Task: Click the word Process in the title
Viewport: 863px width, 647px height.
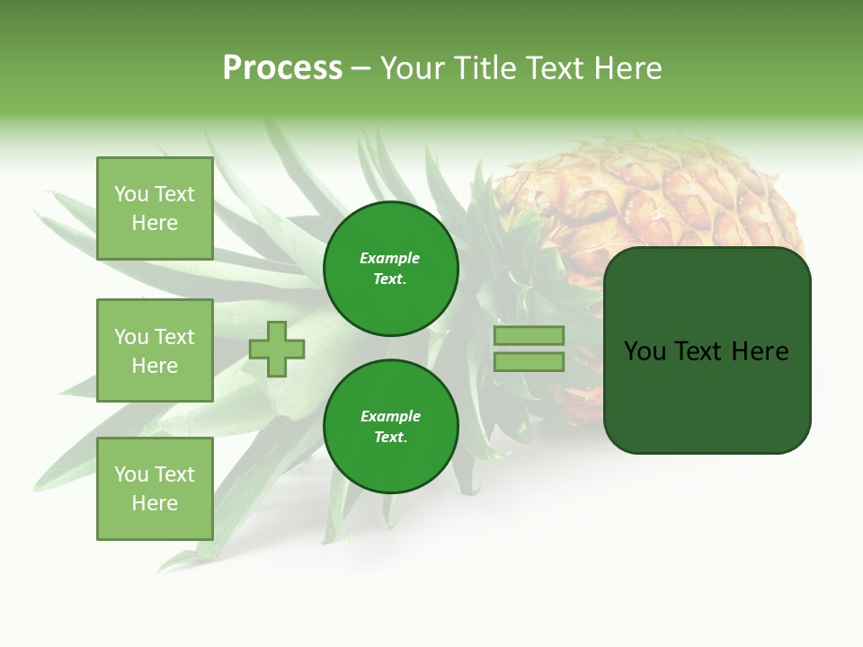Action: (282, 68)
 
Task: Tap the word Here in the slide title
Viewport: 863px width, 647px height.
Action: (626, 68)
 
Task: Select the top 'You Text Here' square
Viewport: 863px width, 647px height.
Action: (155, 208)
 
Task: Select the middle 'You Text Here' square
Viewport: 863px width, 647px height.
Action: (155, 350)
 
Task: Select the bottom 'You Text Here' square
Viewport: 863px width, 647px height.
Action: (155, 489)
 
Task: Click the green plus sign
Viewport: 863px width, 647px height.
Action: (277, 349)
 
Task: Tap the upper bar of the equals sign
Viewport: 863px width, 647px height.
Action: (529, 336)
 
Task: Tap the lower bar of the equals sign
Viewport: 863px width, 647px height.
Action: (529, 362)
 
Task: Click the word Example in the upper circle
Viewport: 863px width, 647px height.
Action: (390, 259)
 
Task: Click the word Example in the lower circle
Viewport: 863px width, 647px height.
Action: (390, 417)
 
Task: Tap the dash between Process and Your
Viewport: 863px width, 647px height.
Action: (361, 69)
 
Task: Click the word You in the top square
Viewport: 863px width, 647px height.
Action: (131, 194)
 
